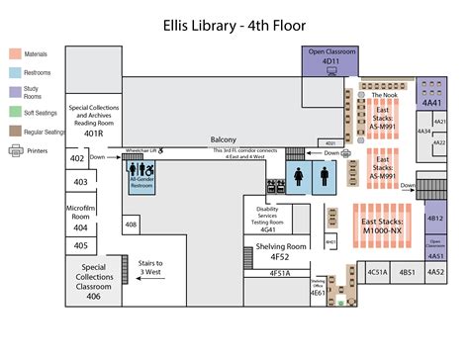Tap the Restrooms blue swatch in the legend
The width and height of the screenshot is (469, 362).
pos(16,71)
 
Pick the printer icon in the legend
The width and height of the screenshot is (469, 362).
pos(16,150)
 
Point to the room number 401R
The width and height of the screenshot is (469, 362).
pos(94,133)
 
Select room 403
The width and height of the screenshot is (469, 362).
pos(80,182)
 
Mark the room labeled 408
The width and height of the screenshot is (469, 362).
pos(131,225)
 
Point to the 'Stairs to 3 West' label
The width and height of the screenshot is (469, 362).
pos(150,267)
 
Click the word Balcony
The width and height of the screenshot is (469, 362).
pos(224,140)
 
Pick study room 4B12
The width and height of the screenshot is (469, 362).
pos(434,217)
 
